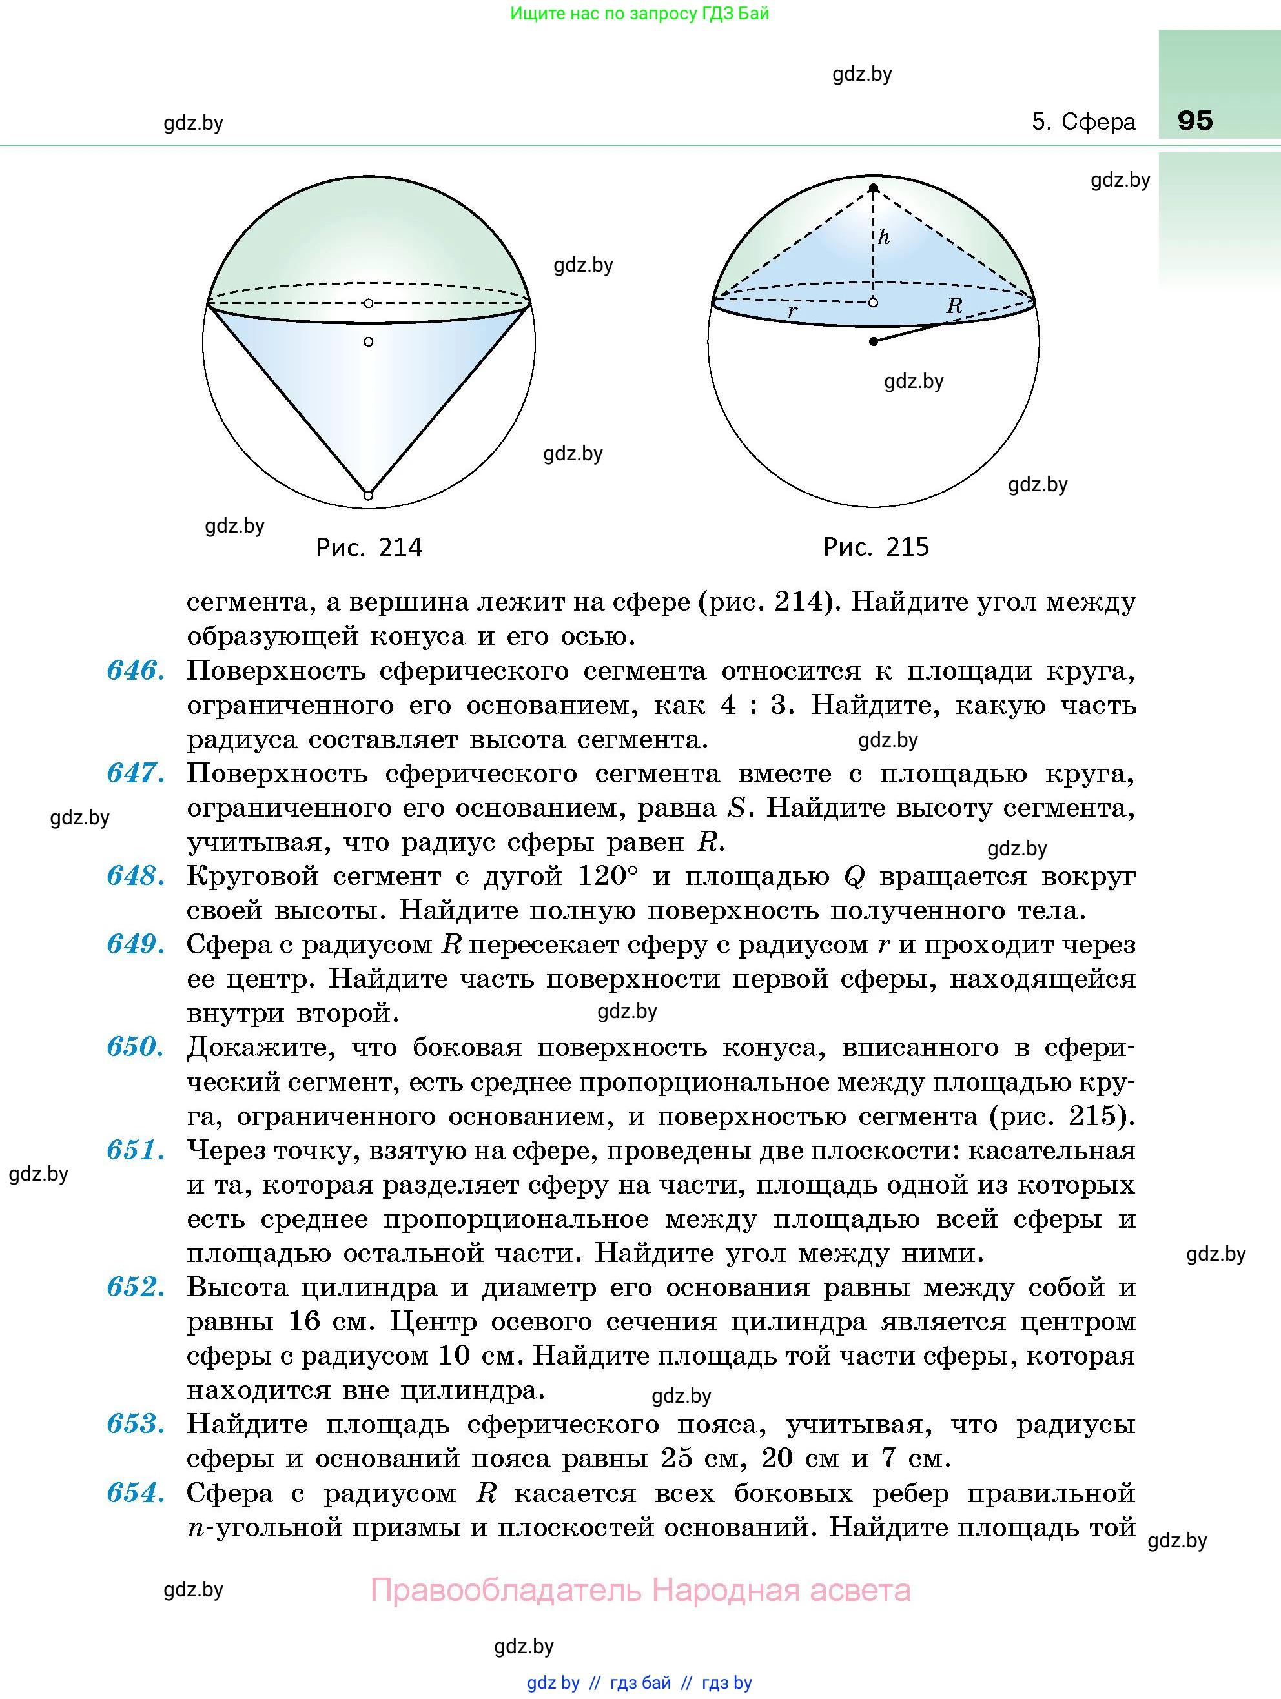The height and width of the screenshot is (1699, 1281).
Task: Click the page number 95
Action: click(1194, 121)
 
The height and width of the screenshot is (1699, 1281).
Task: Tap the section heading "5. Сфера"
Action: click(1083, 121)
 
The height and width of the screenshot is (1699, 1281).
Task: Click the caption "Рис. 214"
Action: click(369, 547)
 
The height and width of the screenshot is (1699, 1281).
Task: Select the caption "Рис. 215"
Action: click(876, 547)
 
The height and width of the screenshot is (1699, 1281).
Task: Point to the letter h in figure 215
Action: click(885, 236)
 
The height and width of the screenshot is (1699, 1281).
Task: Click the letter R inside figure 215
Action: click(954, 306)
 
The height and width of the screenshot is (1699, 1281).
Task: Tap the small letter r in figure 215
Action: click(792, 311)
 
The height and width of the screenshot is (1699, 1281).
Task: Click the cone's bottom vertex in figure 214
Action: click(368, 495)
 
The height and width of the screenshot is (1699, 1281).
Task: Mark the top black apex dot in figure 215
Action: click(873, 188)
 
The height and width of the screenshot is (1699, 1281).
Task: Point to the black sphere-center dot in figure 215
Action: click(873, 341)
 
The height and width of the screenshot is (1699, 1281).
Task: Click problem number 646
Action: click(135, 671)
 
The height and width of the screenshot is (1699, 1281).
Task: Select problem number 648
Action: click(135, 875)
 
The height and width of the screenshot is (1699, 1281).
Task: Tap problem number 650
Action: click(135, 1047)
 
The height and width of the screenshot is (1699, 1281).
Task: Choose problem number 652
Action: click(135, 1287)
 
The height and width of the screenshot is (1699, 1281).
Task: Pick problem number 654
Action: click(135, 1492)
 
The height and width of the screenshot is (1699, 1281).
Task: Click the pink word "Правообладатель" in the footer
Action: click(505, 1589)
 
